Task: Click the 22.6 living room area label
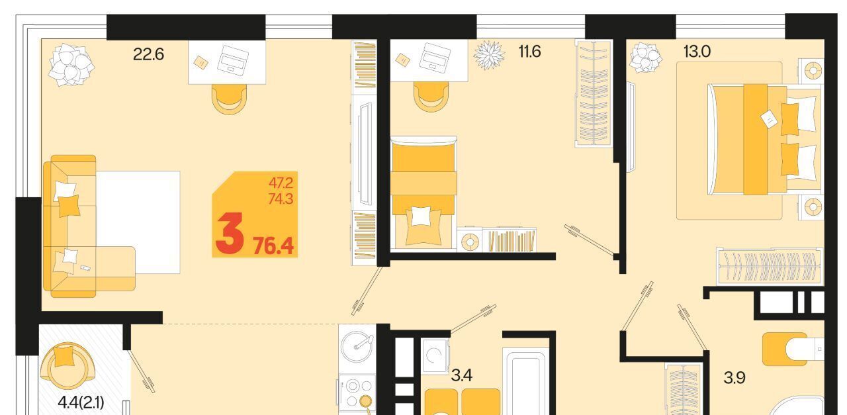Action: point(148,54)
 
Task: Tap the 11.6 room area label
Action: point(529,51)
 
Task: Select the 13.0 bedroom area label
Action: point(697,51)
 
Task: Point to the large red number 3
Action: point(229,234)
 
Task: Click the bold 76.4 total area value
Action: point(273,246)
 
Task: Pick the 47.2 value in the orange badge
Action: point(281,183)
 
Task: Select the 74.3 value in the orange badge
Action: point(281,199)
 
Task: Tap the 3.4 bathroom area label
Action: point(462,375)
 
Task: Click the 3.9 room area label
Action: point(735,377)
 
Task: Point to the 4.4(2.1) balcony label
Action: point(81,402)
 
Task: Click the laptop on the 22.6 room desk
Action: point(232,60)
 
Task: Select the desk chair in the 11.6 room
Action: point(430,97)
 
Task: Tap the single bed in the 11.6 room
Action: point(423,193)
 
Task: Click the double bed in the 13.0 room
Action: point(764,140)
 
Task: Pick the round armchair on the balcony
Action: point(68,365)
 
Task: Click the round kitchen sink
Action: point(356,346)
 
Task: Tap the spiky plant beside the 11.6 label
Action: point(489,55)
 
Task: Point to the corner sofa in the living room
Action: point(89,226)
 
